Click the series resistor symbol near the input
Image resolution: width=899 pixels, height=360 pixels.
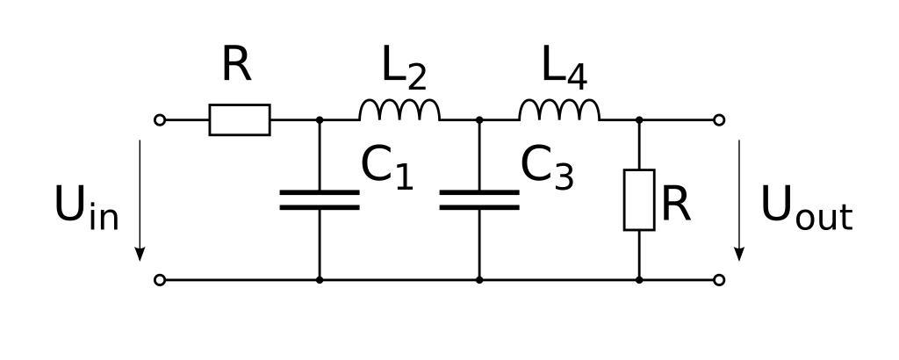click(240, 119)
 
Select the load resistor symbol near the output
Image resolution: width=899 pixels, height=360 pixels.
click(639, 200)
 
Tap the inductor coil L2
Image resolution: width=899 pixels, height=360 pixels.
click(399, 111)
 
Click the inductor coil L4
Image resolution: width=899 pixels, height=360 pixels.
click(559, 111)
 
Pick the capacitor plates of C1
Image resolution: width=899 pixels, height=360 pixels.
click(320, 200)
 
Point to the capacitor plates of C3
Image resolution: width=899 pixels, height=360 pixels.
click(479, 200)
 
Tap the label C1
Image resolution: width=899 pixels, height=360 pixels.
click(386, 167)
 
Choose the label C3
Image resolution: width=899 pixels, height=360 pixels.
click(547, 167)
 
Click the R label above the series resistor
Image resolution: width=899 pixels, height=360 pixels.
click(236, 64)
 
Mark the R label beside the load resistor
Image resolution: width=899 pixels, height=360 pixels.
click(676, 204)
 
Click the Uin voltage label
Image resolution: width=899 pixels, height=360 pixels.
click(86, 207)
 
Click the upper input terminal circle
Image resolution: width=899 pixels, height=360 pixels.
click(160, 119)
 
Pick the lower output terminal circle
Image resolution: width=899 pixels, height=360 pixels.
click(719, 280)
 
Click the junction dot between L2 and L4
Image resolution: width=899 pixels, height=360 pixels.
click(479, 119)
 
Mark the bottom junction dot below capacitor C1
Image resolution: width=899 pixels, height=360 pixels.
click(320, 280)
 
